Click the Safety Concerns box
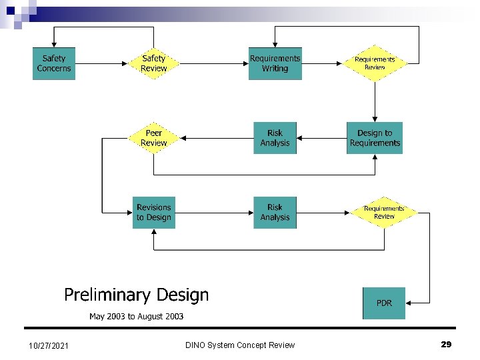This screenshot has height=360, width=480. pos(54,63)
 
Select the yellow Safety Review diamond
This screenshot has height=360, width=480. pos(153,63)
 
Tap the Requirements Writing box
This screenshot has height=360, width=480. pos(275,63)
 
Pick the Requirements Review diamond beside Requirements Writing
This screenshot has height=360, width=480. pos(375,63)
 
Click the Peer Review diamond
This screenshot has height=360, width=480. pos(153,138)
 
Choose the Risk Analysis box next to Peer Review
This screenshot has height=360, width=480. pos(275,138)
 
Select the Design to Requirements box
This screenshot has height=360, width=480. pos(375,138)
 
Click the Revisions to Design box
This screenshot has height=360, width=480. pos(153,213)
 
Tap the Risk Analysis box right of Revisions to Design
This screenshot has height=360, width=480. pos(275,213)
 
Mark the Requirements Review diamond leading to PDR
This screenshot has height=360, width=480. pos(384,213)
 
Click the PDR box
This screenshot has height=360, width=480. pos(384,303)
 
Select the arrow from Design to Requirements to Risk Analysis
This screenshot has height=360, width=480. pos(321,138)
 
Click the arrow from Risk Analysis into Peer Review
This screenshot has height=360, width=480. pos(217,138)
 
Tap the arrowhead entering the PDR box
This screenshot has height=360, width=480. pos(409,303)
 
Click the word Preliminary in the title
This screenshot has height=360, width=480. pos(105,295)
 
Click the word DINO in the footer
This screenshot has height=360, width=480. pos(197,345)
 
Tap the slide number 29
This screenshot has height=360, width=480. pos(446,344)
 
